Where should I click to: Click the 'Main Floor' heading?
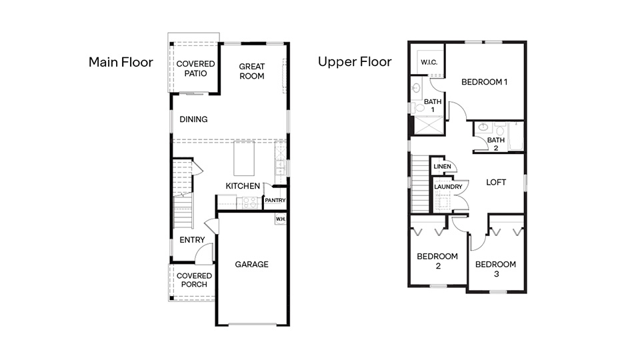(121, 63)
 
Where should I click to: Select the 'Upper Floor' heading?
(355, 63)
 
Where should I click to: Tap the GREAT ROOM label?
(252, 71)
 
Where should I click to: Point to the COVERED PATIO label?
(195, 69)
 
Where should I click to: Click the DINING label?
(193, 119)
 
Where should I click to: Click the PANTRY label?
(275, 200)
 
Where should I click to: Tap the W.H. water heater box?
(280, 218)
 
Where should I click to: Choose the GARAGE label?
(251, 265)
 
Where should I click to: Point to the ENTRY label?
(192, 240)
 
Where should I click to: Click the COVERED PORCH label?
(194, 280)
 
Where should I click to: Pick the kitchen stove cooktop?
(250, 202)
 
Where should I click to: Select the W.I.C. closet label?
(427, 63)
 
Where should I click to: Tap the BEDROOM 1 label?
(485, 82)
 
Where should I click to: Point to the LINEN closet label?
(442, 167)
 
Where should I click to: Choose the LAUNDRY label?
(448, 187)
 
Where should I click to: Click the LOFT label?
(496, 182)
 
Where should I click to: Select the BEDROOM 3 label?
(495, 269)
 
